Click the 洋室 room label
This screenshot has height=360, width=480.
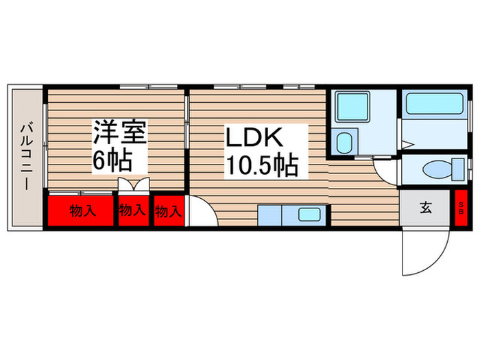(x=120, y=132)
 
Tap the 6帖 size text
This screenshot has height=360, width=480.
(x=113, y=163)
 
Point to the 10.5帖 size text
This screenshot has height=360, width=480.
(x=258, y=165)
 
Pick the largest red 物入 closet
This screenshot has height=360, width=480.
(x=81, y=210)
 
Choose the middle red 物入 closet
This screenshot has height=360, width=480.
(x=133, y=210)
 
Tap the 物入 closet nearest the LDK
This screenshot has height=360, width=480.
(x=168, y=211)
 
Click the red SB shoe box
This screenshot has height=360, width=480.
(x=460, y=208)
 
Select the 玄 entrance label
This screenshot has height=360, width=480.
(x=426, y=208)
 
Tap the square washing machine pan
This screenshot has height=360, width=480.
(x=355, y=107)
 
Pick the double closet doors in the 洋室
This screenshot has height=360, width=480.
(x=134, y=185)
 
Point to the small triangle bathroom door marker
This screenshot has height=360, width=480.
(x=407, y=144)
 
